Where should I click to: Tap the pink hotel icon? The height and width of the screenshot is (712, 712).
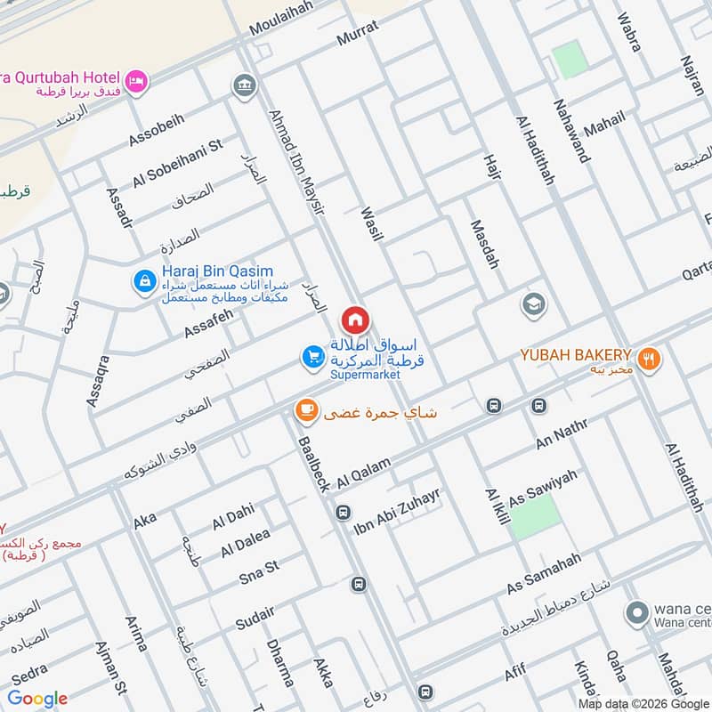tap(136, 81)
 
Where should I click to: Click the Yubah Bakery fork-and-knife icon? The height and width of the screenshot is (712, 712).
tap(650, 360)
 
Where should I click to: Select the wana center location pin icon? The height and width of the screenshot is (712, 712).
tap(636, 613)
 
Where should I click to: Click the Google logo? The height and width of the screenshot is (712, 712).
tap(37, 699)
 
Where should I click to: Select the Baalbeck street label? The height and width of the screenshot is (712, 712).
tap(315, 463)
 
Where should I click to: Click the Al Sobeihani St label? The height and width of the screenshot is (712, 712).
tap(178, 162)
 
